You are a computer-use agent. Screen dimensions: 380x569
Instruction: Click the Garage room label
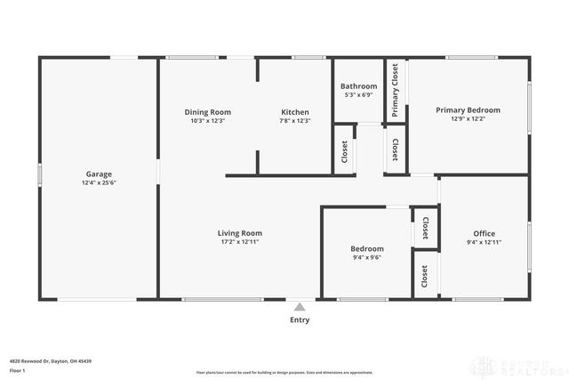[x=99, y=174]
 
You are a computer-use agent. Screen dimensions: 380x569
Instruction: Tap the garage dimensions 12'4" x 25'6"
[x=99, y=183]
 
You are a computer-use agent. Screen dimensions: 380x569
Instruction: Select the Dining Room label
[x=208, y=112]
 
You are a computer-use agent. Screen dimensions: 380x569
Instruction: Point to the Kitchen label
[x=294, y=112]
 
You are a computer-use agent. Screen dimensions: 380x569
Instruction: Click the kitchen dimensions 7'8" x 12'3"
[x=294, y=121]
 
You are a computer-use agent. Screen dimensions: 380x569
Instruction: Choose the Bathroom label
[x=360, y=86]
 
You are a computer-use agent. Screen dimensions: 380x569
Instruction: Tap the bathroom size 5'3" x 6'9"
[x=360, y=95]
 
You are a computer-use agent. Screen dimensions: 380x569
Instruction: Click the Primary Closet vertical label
[x=396, y=90]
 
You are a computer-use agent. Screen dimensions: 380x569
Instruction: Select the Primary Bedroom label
[x=468, y=110]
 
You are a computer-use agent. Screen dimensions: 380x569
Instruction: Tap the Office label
[x=484, y=233]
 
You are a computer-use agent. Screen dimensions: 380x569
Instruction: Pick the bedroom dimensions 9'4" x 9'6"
[x=366, y=258]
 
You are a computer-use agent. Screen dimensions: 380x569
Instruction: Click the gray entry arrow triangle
[x=300, y=307]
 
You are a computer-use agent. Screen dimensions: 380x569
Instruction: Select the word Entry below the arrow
[x=300, y=320]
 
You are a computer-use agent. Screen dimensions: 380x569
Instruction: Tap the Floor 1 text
[x=18, y=369]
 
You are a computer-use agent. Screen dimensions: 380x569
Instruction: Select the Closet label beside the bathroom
[x=345, y=152]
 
